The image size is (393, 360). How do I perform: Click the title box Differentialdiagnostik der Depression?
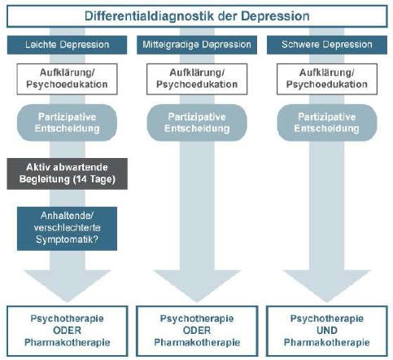(x=197, y=16)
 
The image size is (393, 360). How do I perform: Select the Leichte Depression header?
(x=67, y=45)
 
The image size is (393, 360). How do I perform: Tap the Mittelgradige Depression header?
(x=197, y=45)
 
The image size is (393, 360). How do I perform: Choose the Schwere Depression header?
(x=327, y=45)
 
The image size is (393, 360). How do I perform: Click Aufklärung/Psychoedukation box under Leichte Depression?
(x=67, y=79)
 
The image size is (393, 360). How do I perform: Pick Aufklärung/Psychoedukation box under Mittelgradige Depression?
(x=197, y=79)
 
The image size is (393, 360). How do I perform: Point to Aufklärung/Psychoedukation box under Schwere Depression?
(x=327, y=79)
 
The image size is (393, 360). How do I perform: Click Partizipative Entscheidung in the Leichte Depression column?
(x=67, y=123)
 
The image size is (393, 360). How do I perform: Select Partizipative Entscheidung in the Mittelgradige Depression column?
(x=197, y=123)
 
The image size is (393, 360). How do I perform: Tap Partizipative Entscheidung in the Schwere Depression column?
(x=327, y=123)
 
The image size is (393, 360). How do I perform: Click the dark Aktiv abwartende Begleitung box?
(x=67, y=173)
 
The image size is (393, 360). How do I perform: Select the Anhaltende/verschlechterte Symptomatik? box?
(x=67, y=229)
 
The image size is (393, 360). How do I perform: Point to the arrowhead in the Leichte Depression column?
(x=67, y=286)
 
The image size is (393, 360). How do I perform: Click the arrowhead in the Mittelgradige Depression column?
(x=197, y=286)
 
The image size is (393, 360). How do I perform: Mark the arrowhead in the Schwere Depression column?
(x=327, y=286)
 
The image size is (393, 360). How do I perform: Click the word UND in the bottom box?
(x=327, y=331)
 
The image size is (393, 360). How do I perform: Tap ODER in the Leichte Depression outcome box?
(x=67, y=331)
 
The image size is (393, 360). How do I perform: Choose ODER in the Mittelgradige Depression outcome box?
(x=197, y=331)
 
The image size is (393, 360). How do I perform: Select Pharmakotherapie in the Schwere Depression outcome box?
(x=327, y=342)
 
